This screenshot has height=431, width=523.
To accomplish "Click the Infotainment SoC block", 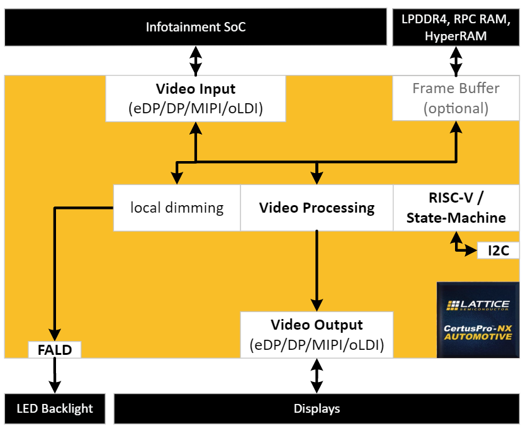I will (196, 27).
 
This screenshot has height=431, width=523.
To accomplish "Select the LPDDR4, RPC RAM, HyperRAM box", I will (455, 27).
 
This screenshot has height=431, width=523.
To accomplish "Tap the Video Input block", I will (196, 98).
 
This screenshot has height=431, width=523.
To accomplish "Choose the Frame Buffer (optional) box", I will (455, 98).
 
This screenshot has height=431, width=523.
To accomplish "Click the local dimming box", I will (177, 208).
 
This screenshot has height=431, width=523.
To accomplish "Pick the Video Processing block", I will (317, 208).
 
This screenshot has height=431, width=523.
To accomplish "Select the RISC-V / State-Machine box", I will (456, 208).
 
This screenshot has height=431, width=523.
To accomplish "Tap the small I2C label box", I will (498, 250).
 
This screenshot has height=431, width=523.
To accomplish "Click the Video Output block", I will (317, 335).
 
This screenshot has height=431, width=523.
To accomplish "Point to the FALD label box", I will (55, 350).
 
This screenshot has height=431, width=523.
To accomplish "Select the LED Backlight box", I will (55, 409).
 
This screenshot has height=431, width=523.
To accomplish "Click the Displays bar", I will (317, 409).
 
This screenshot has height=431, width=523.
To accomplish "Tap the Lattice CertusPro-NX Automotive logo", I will (478, 320).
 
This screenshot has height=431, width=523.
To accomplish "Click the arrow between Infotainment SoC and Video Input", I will (196, 60).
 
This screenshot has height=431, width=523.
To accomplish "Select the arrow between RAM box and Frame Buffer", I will (455, 61).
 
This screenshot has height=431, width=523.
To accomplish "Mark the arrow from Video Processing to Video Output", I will (317, 271).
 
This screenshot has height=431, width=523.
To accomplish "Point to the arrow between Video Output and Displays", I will (317, 376).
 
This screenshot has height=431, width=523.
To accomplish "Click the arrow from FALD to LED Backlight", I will (55, 376).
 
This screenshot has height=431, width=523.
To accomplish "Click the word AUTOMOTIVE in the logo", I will (478, 337).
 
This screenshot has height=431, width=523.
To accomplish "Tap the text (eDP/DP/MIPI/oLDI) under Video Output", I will (317, 345).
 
